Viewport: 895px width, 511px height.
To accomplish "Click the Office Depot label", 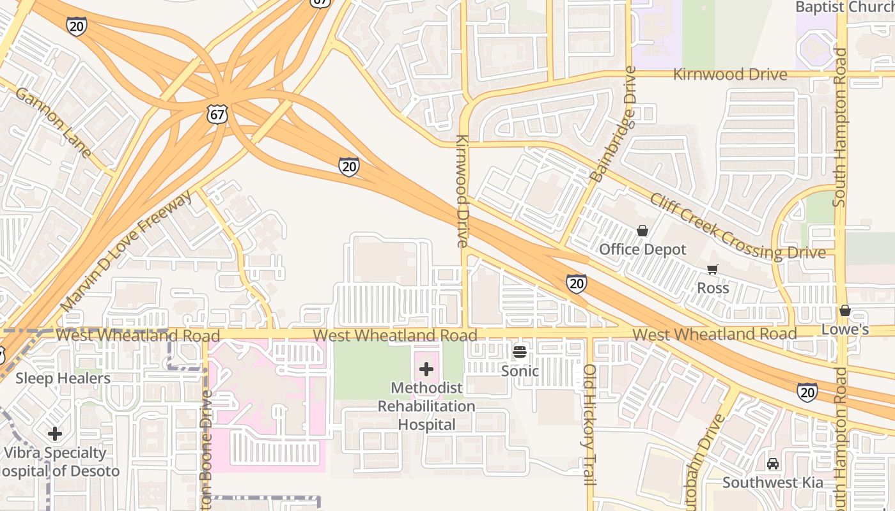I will point(642,249).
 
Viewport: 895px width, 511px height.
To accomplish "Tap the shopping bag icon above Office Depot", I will point(642,230).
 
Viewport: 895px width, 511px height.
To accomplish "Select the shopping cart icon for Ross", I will point(713,270).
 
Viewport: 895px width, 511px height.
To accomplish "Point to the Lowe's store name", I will point(845,330).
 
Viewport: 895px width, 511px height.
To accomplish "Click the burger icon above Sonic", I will point(520,351).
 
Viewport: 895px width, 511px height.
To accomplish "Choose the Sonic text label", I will point(520,371).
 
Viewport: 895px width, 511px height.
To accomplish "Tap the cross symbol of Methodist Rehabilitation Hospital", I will point(426,369).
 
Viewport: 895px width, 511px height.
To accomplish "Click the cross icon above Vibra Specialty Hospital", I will point(55,434).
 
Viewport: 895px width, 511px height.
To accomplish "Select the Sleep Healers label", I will point(63,378).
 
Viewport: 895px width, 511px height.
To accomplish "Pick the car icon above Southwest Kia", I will point(773,463).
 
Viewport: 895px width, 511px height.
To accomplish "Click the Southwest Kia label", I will point(773,482).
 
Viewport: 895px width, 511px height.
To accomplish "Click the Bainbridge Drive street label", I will point(614,125).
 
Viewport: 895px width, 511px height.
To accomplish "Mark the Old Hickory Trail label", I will point(589,424).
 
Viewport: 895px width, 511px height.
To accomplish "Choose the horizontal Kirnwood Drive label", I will point(729,75).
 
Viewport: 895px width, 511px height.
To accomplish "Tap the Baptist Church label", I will point(844,7).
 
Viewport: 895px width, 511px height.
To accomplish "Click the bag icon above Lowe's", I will point(845,310).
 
